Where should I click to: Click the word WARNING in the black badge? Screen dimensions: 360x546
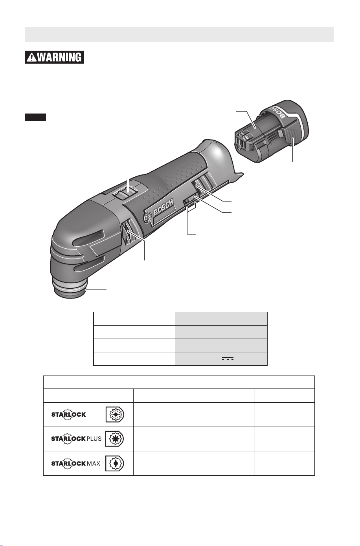[x=59, y=57]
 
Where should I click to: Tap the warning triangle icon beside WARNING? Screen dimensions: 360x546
[x=32, y=57]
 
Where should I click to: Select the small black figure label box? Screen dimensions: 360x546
[x=35, y=117]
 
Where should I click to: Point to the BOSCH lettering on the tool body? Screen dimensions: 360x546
[x=163, y=207]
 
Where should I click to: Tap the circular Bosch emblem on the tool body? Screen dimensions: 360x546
[x=148, y=218]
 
